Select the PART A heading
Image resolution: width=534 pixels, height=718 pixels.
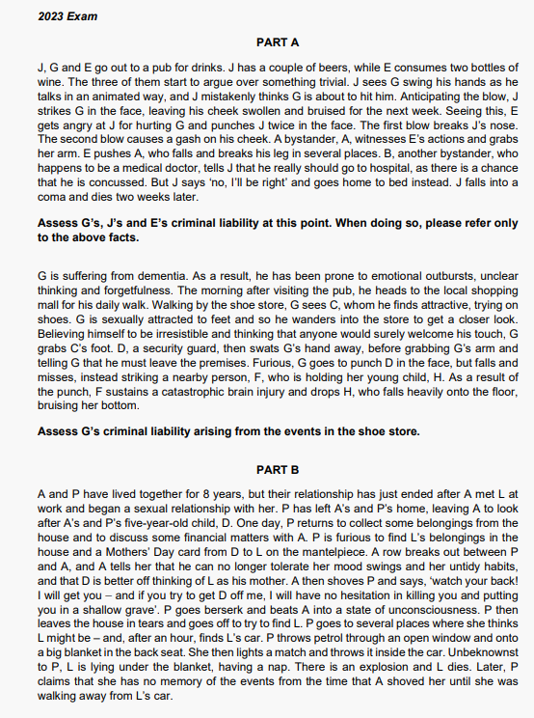click(278, 42)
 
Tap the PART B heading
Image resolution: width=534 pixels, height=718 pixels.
click(278, 469)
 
